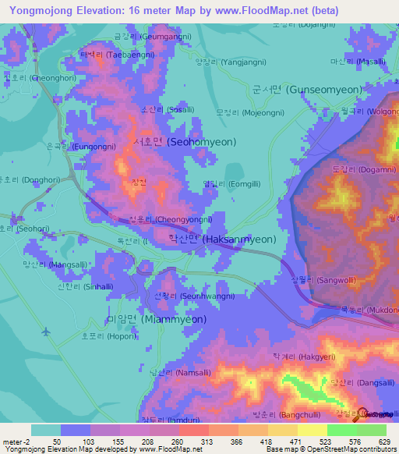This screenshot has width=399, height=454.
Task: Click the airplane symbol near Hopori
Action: pyautogui.click(x=46, y=332)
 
